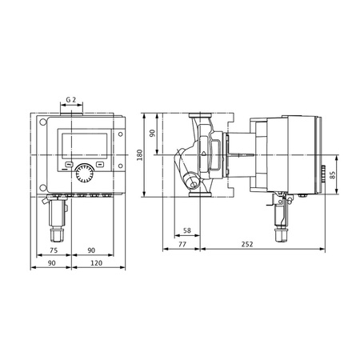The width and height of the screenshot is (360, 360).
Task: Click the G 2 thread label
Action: (71, 100)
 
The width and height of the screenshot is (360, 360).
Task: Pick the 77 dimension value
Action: (182, 243)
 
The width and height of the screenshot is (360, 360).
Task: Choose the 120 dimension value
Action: (97, 262)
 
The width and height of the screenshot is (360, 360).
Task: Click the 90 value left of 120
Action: (52, 262)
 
